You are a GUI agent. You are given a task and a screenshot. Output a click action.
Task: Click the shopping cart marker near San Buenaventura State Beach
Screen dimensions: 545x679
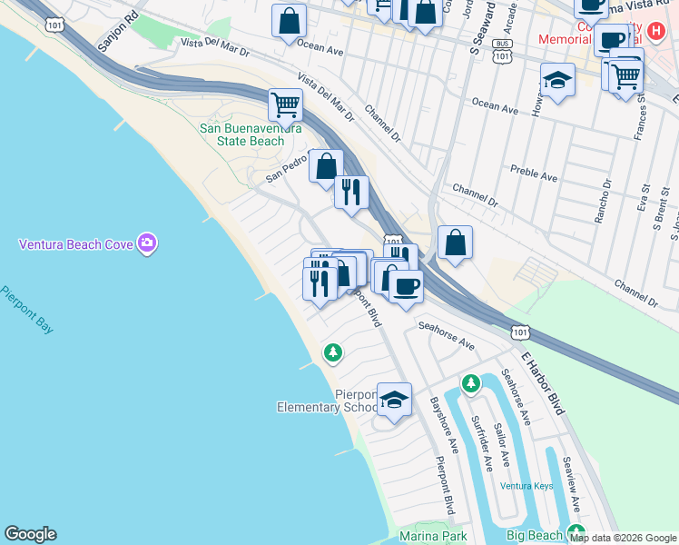coord(285,105)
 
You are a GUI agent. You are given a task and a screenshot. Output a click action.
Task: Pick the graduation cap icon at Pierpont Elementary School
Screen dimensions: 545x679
coord(394,400)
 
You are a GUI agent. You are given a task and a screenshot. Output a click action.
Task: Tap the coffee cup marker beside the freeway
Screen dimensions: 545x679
coord(406,286)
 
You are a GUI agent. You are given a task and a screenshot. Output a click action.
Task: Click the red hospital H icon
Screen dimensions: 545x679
coord(657,30)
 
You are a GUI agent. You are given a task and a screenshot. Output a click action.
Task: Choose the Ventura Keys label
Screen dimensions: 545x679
coord(526,486)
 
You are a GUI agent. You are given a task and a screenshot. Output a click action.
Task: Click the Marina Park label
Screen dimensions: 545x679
coord(433,536)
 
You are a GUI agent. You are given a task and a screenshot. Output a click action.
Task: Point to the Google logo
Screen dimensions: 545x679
coord(30,534)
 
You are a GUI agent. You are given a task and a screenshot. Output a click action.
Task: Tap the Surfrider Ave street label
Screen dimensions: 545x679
coord(482,443)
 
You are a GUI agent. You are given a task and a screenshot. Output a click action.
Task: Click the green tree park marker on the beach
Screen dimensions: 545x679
coord(334,352)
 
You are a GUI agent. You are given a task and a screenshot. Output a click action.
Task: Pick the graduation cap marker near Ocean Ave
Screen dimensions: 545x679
coord(557,80)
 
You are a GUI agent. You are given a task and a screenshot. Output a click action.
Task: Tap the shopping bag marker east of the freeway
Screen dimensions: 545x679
coord(455,243)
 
